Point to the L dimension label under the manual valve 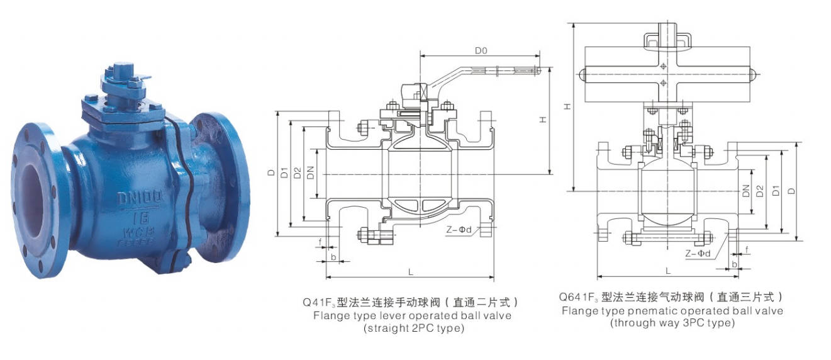410,272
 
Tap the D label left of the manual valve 271,172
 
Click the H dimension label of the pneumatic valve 567,107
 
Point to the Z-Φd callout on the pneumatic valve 698,253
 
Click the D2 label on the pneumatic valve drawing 760,191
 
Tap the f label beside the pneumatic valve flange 747,250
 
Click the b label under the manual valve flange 333,257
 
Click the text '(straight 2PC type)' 413,328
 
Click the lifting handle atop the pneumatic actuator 667,39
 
